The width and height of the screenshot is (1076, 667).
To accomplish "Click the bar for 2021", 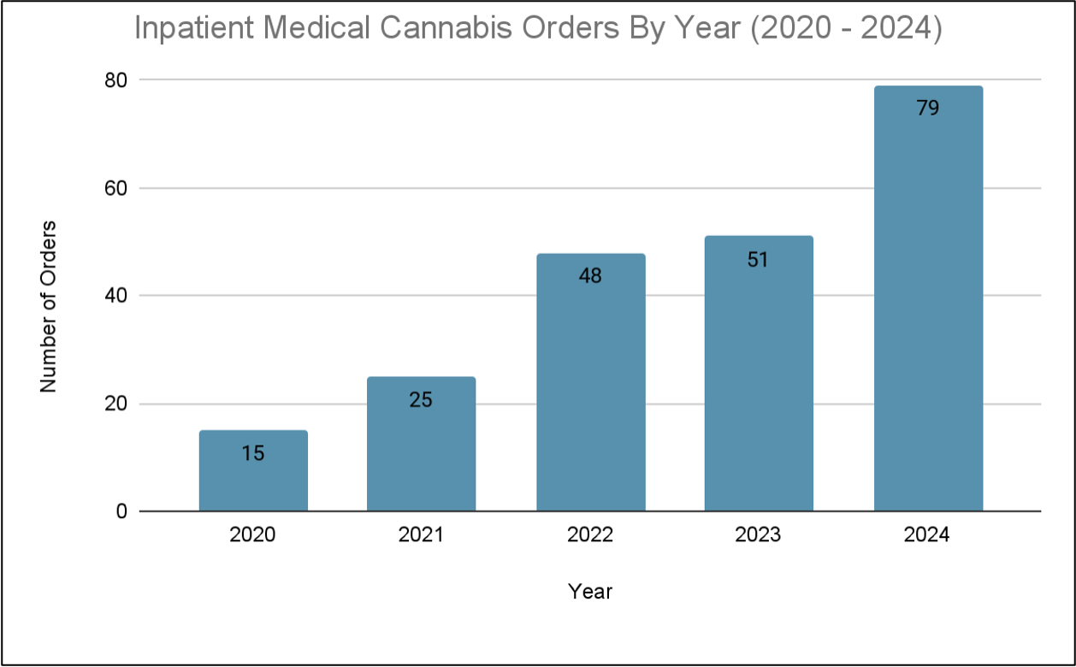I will click(421, 453).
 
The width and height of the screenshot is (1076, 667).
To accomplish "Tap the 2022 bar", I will click(590, 393).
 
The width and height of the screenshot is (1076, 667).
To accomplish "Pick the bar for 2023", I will click(759, 385).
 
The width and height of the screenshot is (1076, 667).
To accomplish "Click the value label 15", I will click(253, 453).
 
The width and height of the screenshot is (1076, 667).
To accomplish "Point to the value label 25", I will click(421, 399).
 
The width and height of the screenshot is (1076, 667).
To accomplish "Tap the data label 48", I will click(590, 276).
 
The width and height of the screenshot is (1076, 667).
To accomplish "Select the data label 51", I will click(759, 260).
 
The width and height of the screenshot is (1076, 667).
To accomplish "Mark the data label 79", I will click(928, 109).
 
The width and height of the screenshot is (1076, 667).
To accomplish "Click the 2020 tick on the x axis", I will click(253, 535).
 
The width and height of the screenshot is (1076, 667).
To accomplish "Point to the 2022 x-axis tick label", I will click(590, 535).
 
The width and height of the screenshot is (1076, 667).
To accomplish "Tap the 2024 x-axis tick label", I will click(928, 535).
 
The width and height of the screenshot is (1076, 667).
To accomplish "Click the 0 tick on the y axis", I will click(121, 511).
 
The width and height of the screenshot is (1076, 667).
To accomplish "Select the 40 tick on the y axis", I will click(115, 295).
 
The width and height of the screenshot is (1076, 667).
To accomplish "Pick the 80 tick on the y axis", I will click(115, 80).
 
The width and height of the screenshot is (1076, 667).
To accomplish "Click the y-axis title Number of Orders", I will click(49, 306).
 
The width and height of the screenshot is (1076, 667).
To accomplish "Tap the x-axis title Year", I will click(590, 591).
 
